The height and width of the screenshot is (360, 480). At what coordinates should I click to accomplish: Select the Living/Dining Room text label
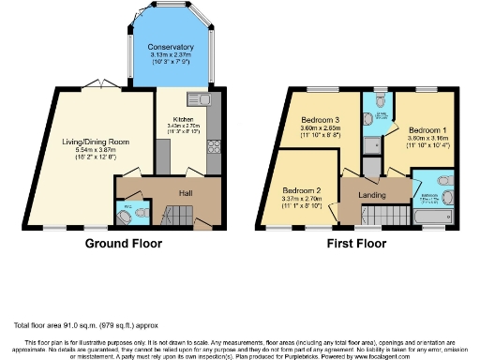tap(97, 142)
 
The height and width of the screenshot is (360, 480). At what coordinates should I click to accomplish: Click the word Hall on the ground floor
tap(187, 193)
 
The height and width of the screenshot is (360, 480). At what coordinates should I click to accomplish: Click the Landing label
tap(367, 194)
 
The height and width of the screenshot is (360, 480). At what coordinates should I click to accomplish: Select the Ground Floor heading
tap(124, 243)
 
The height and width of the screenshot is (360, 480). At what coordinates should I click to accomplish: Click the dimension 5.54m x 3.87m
tap(97, 150)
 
